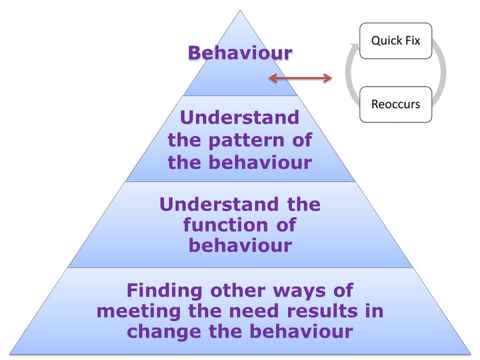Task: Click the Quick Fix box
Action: coord(395,40)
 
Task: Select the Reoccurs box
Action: coord(395,104)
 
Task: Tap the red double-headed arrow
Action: coord(300,78)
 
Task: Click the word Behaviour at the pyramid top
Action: coord(240,52)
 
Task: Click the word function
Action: coord(225,224)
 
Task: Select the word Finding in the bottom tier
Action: coord(164,290)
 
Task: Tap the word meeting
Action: coord(138,311)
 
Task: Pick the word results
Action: coord(322,310)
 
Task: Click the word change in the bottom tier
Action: coord(164,332)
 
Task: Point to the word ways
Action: coord(299,291)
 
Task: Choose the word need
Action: coord(254,310)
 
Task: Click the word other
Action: coord(237,290)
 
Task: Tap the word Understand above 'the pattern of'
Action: coord(239,117)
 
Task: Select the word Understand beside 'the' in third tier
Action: coord(219,204)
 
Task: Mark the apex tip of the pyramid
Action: coord(240,10)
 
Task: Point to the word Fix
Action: coord(412,40)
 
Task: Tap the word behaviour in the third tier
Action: coord(240,245)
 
